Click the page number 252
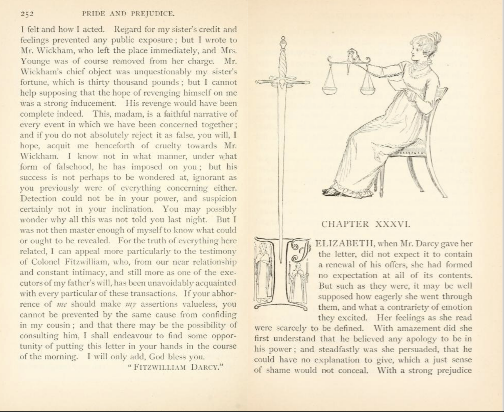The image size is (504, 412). point(27,14)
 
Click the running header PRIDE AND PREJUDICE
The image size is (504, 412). point(128,14)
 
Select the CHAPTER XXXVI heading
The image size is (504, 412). point(366,224)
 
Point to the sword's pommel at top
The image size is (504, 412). point(283,44)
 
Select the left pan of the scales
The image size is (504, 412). point(329,90)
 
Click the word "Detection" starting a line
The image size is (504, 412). point(38,198)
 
